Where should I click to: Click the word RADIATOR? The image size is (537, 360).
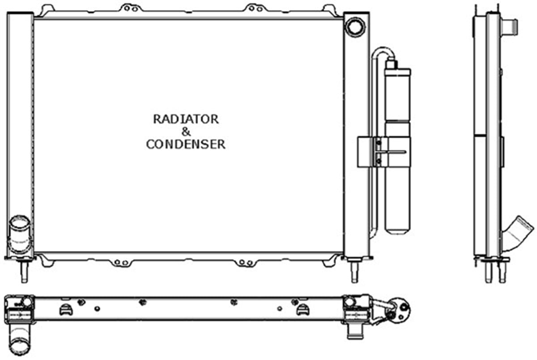186,119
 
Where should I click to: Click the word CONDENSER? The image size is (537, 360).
186,144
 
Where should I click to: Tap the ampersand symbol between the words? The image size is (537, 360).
186,132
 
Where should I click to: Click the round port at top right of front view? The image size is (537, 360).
355,27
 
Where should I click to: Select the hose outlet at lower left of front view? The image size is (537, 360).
20,234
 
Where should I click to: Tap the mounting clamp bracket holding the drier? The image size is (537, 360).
384,152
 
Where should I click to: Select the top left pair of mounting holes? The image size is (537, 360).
131,9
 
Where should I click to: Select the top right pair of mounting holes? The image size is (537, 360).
255,9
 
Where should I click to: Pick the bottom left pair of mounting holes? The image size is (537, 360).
121,263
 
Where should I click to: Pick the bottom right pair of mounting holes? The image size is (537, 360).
246,262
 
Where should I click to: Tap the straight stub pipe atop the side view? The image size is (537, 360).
509,27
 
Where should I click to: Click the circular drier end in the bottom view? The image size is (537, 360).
398,311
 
